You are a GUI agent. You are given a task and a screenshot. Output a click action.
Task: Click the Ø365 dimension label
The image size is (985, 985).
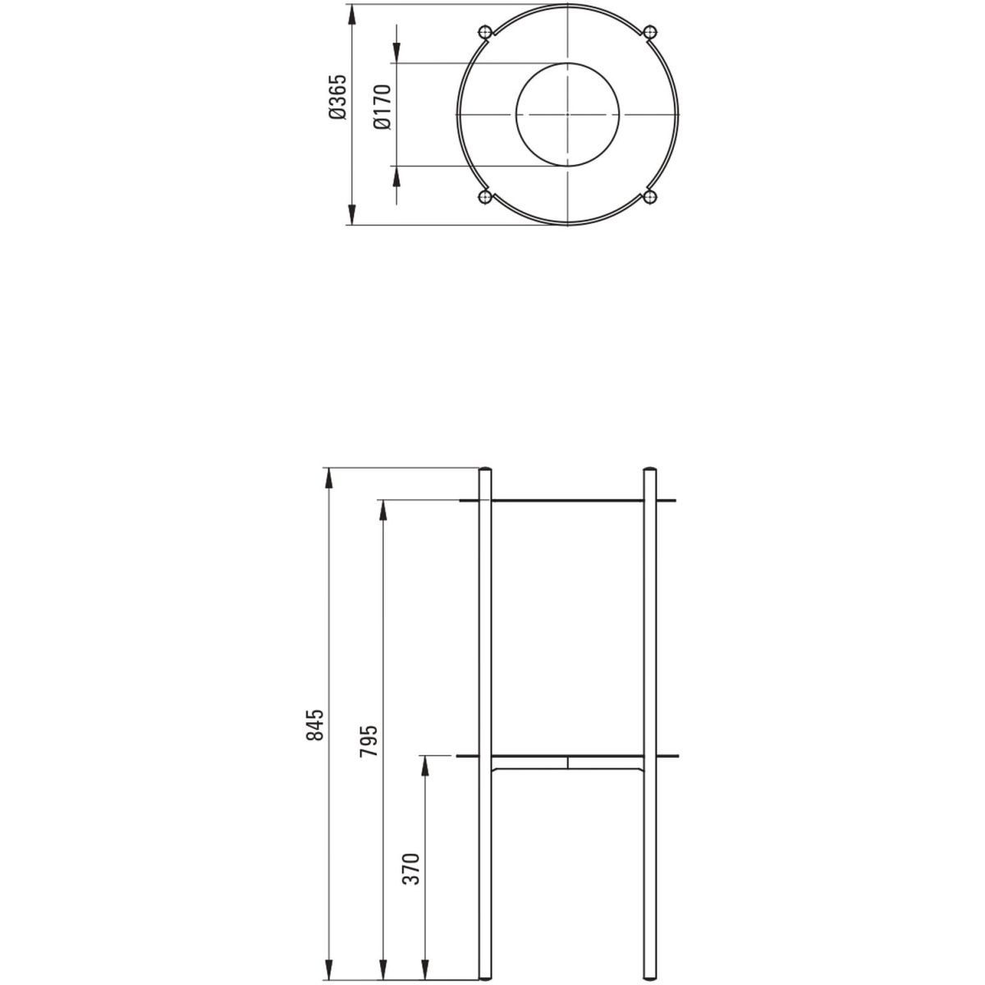pos(338,97)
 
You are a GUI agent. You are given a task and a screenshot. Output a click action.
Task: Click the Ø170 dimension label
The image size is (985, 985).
pos(383,107)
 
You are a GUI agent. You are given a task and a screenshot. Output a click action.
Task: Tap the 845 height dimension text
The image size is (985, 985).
pos(315,725)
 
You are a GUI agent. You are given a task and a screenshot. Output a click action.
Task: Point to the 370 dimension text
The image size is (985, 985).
pos(411,868)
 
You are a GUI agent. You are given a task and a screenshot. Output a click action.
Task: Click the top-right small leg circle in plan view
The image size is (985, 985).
pos(649,32)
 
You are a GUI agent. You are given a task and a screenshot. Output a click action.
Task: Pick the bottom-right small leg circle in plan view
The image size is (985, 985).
pos(649,197)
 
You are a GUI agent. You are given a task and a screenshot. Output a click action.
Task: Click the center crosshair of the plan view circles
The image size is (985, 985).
pos(567,114)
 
